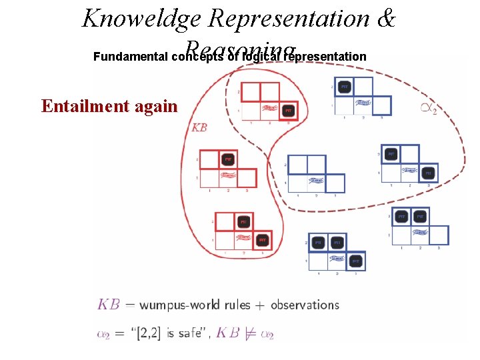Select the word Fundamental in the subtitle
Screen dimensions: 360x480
131,57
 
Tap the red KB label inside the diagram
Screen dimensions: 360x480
199,127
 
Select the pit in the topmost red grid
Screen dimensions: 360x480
288,109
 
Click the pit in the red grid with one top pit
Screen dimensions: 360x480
228,159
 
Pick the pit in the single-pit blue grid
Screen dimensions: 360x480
344,87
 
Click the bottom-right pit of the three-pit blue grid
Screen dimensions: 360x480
356,261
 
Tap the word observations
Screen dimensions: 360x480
305,305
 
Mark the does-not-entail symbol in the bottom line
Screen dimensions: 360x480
249,334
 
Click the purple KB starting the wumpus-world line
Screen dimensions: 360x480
109,305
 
